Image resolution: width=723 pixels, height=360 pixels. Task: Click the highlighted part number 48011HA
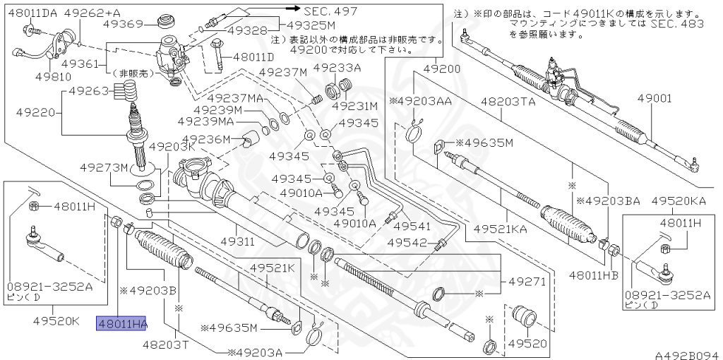click(121, 324)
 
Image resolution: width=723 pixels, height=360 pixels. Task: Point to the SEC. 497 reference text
click(330, 11)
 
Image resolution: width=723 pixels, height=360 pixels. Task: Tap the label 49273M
click(103, 167)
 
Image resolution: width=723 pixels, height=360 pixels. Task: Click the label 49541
click(412, 226)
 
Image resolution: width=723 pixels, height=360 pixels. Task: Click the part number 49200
click(441, 69)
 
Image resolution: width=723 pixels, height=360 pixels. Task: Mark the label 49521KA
click(500, 229)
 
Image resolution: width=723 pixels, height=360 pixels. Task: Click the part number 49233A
click(337, 68)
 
